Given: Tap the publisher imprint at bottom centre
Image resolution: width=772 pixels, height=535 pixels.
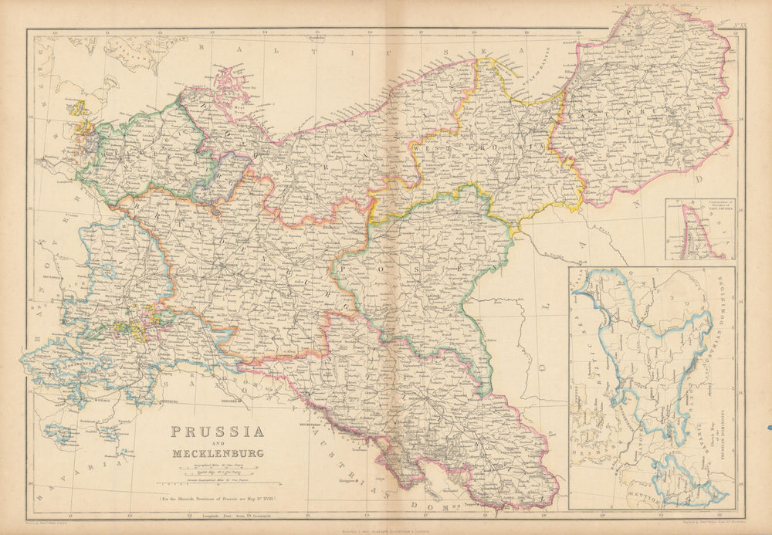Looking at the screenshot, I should [x=386, y=527].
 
